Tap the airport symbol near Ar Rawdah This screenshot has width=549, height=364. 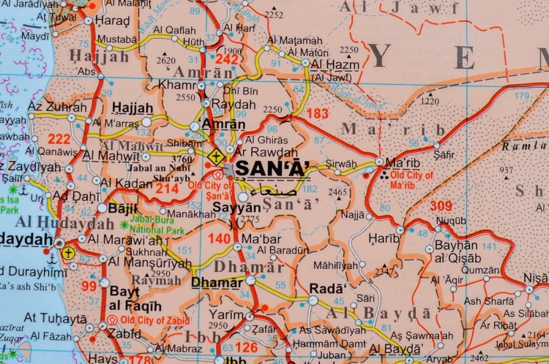tap(215, 156)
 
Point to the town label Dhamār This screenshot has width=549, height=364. tap(217, 282)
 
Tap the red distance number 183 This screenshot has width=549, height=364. tap(317, 113)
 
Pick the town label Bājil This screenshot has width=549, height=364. tap(122, 208)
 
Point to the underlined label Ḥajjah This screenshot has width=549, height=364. tap(132, 107)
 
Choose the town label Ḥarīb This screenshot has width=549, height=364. tap(384, 238)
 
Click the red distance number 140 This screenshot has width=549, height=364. tap(220, 239)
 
